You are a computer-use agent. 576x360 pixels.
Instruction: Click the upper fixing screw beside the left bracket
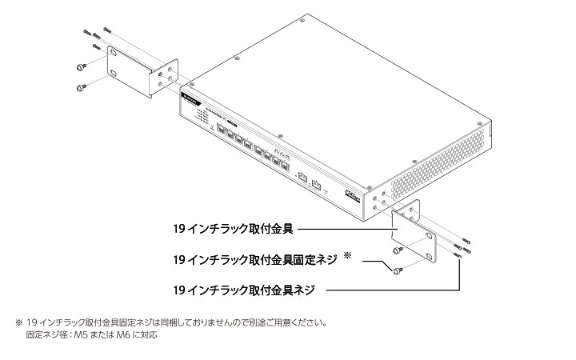pos(80,66)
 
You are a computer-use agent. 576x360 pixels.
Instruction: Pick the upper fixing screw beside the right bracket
pos(398,252)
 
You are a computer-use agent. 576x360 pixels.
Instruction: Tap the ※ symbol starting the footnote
pos(19,324)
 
